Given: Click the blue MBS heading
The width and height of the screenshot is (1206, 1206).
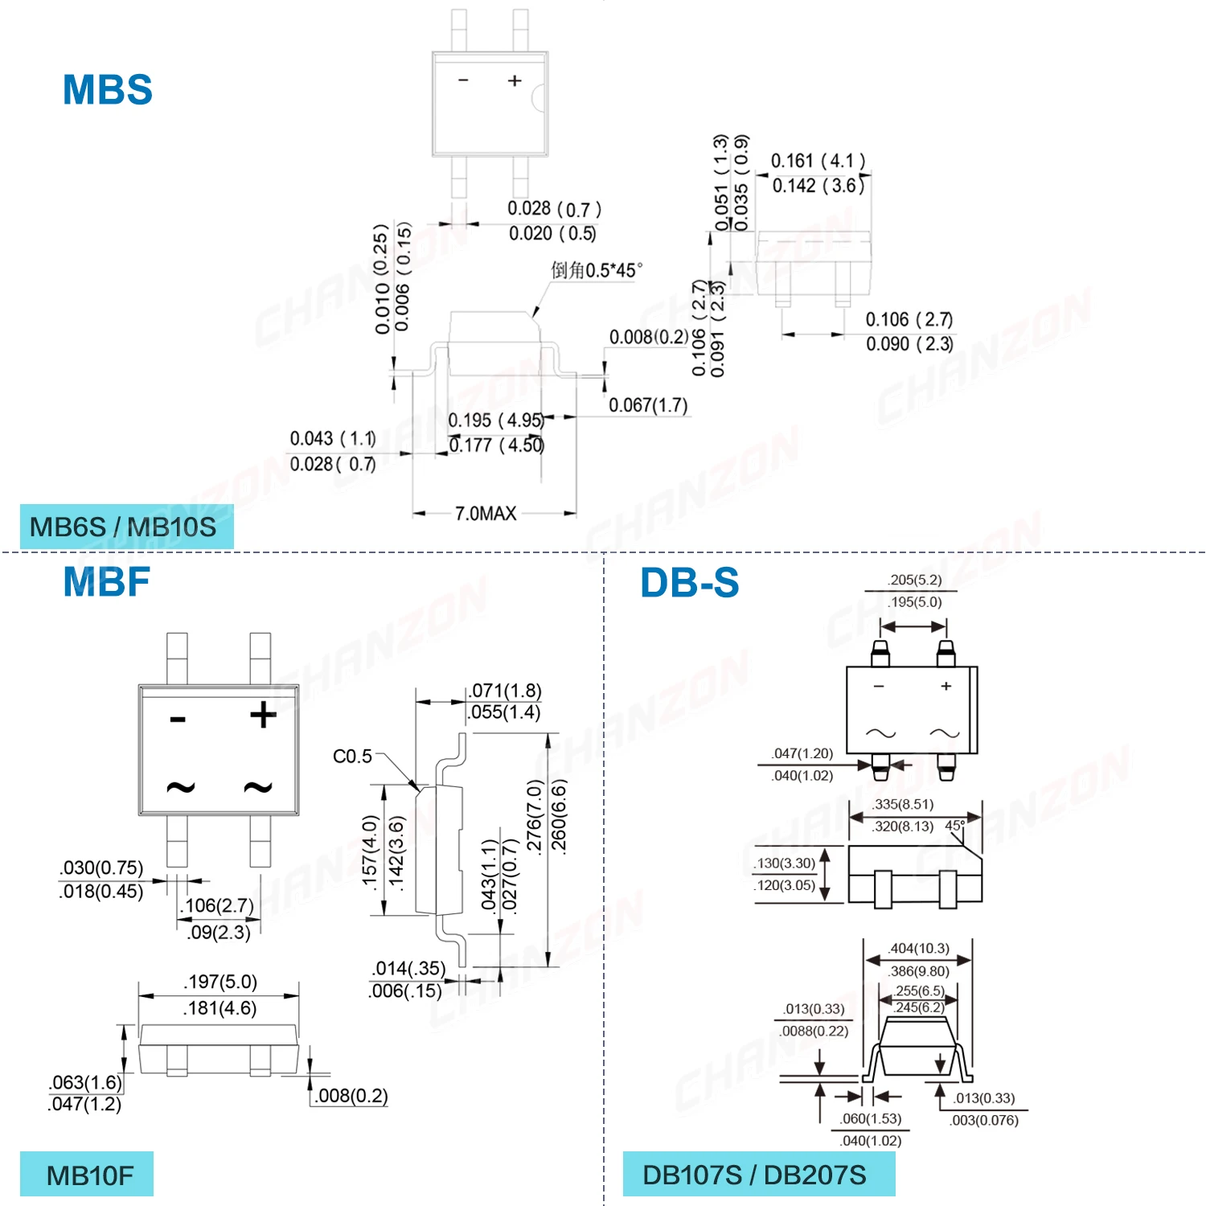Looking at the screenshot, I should (x=108, y=89).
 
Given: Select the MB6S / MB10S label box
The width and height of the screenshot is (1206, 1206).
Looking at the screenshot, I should (x=126, y=527).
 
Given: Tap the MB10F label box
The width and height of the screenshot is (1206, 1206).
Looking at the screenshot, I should (x=87, y=1175).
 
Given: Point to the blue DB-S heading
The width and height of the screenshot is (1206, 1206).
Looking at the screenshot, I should (x=689, y=583).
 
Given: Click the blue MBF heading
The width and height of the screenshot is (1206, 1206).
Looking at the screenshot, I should (x=106, y=582).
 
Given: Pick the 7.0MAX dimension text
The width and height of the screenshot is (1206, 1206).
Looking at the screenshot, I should (x=486, y=514).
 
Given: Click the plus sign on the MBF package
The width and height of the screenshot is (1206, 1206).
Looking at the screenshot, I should (x=263, y=715).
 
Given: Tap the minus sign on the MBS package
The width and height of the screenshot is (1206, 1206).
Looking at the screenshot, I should (x=463, y=80).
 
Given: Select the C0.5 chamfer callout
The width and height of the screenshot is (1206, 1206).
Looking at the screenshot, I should (x=352, y=757).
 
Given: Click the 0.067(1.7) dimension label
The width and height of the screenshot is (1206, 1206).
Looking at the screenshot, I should (x=648, y=405).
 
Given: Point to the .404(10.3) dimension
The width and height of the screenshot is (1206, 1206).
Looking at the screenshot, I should (x=919, y=949).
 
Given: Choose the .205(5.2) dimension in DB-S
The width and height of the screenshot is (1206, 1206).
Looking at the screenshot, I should (x=915, y=580).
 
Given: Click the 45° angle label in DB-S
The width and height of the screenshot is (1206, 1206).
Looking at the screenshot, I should (x=954, y=826).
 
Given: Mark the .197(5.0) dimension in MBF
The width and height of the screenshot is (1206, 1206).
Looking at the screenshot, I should (x=220, y=982).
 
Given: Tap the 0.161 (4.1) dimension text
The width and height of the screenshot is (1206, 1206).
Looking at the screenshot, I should (x=818, y=161).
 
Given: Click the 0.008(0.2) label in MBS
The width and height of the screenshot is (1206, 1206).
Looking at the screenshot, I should (x=648, y=337).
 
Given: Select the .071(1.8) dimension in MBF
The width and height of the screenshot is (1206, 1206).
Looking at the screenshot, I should (x=506, y=691).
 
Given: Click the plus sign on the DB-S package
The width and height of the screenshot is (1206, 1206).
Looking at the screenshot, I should (x=946, y=686).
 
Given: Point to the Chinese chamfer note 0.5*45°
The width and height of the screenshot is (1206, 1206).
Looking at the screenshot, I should (x=597, y=270).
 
